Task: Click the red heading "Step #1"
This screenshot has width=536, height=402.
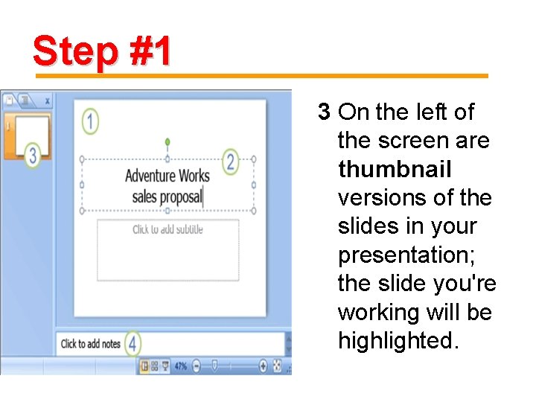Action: [x=102, y=51]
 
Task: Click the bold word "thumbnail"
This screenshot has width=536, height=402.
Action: [x=395, y=169]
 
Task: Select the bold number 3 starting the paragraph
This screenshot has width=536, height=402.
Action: [x=324, y=112]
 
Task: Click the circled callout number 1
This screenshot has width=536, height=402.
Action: [x=90, y=121]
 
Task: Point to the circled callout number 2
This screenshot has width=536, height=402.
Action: [x=230, y=162]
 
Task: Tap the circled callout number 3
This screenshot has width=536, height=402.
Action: [x=33, y=155]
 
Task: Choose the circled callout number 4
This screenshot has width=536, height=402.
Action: [x=133, y=343]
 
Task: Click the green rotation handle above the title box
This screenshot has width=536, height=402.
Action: [x=167, y=141]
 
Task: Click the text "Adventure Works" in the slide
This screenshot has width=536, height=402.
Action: [x=167, y=176]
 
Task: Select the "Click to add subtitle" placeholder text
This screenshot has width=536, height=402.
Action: [x=167, y=229]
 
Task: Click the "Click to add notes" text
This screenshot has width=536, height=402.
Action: [x=91, y=343]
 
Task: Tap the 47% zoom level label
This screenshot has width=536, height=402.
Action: [x=181, y=366]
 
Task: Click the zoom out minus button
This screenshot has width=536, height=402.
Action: [x=197, y=366]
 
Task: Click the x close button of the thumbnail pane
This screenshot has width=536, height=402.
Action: [x=48, y=101]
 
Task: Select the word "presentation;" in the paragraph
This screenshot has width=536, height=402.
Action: [x=406, y=255]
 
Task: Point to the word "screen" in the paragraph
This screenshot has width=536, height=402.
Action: [x=414, y=141]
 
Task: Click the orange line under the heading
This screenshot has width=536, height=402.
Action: [x=262, y=76]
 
